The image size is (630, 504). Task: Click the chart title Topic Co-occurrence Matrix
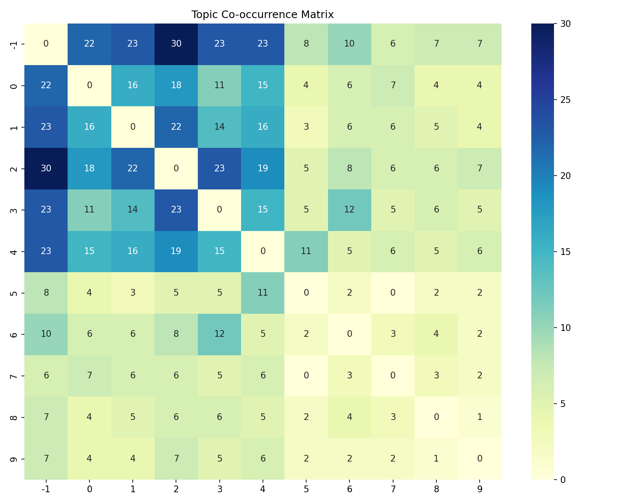[x=262, y=15]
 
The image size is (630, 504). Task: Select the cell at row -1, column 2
[x=176, y=44]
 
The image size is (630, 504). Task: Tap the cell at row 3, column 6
[x=349, y=210]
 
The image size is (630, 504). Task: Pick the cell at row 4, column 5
[x=306, y=251]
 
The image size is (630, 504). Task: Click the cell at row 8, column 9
[x=480, y=417]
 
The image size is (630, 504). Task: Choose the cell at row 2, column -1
[x=46, y=168]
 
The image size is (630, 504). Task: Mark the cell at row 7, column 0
[x=89, y=375]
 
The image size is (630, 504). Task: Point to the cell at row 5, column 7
[x=393, y=293]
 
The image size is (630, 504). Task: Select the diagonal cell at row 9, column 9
[x=480, y=459]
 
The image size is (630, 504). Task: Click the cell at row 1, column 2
[x=176, y=127]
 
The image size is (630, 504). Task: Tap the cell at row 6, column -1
[x=46, y=334]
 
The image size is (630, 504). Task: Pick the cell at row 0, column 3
[x=219, y=86]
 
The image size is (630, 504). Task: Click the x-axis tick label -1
[x=46, y=489]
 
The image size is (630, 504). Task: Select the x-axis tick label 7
[x=393, y=489]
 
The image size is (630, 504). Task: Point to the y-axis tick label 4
[x=14, y=251]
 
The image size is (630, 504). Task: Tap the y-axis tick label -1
[x=14, y=44]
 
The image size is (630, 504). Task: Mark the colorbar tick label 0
[x=563, y=480]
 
